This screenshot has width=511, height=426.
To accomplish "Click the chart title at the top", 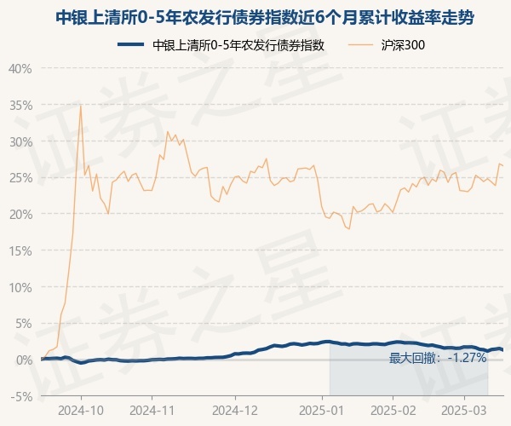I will coord(255,17).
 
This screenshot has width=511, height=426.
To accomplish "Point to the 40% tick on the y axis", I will coord(20,68).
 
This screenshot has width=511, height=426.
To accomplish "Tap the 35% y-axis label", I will coord(20,105).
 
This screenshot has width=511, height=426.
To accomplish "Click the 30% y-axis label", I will coord(20,141).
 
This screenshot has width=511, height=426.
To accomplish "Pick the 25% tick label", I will coord(20,178).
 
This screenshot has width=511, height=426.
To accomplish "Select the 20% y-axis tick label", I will coord(20,214).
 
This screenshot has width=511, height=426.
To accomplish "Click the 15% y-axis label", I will coord(20,250).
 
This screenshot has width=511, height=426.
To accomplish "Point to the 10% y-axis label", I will coord(20,287).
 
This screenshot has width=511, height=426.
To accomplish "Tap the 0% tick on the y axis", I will coord(24,360).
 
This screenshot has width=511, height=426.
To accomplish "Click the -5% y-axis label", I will coord(22,396).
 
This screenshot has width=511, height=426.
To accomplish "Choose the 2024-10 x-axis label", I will coord(81,409).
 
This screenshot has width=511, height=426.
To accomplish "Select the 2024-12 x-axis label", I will coord(235,409).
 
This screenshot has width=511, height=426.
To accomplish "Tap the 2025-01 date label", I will coord(322,409).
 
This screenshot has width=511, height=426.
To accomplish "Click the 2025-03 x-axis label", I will coord(464,409).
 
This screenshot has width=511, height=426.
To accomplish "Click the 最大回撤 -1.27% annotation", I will coord(438,358).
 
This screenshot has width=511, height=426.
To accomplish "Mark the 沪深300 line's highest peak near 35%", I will coord(81,105).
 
